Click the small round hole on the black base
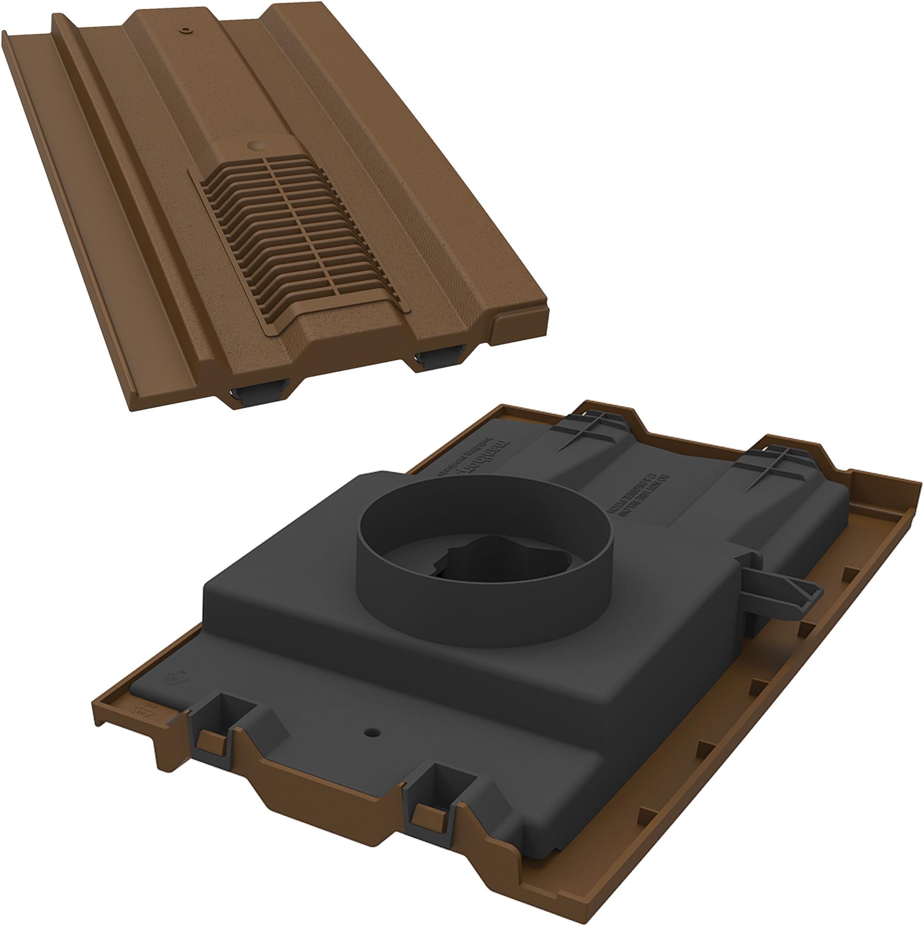click(x=372, y=746)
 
